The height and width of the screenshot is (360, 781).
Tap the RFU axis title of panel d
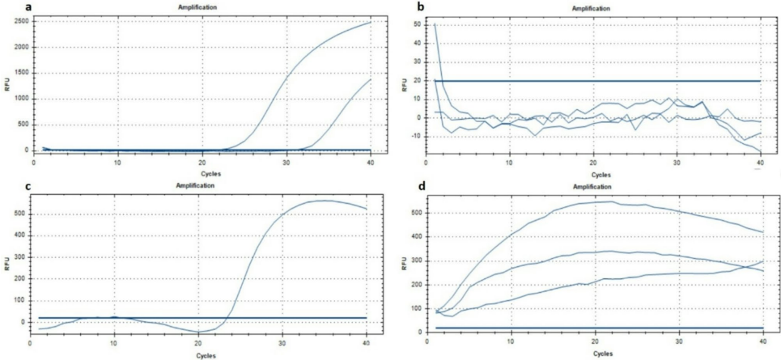tap(403, 263)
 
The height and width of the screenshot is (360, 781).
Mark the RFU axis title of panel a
tap(8, 85)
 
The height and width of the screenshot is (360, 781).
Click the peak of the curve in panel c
tap(324, 200)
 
